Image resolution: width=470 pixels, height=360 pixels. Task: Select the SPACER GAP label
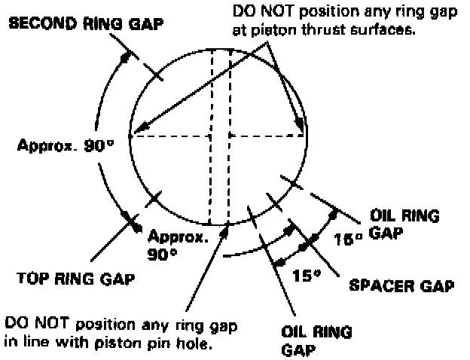(403, 285)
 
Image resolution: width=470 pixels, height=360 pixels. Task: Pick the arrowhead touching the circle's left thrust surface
(135, 133)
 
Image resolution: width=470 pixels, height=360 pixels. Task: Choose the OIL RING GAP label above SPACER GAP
(404, 224)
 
